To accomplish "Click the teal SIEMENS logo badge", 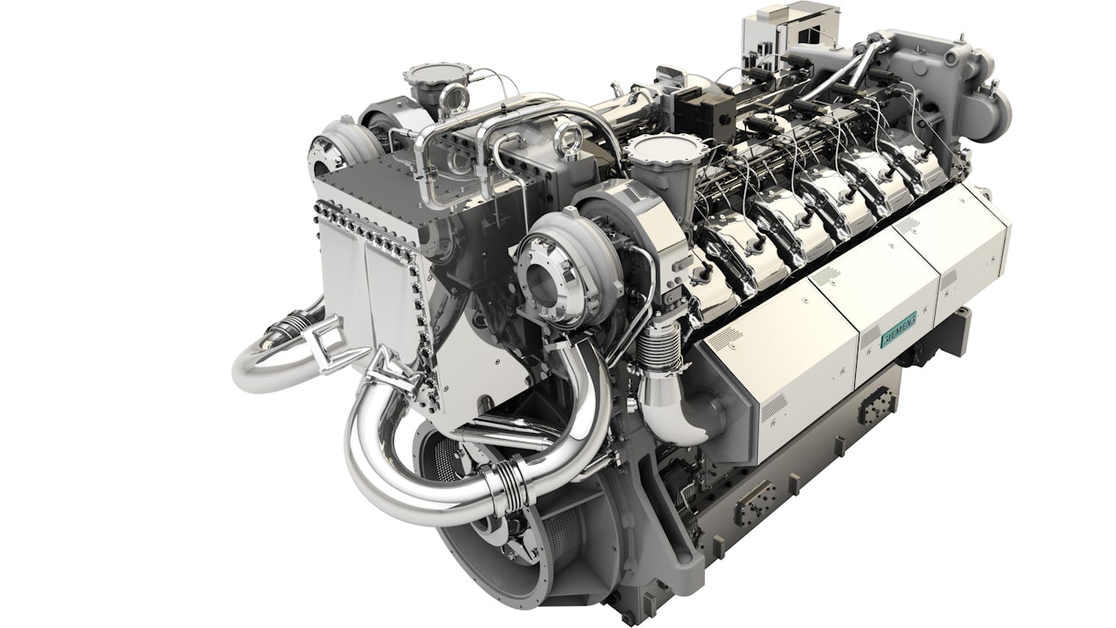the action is tap(900, 329).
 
